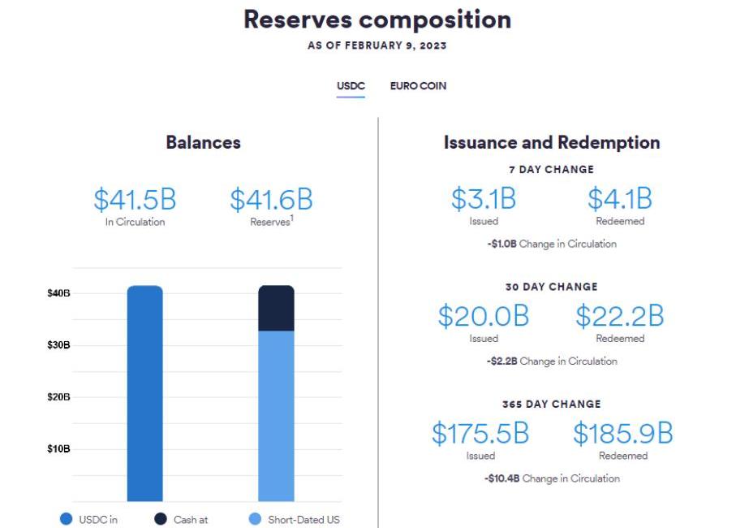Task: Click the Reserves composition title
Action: coord(377,19)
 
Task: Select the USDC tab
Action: coord(351,86)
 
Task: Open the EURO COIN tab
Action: coord(418,86)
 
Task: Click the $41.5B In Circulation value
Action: coord(135,200)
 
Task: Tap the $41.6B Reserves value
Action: coord(271,200)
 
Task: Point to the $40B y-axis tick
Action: coord(58,293)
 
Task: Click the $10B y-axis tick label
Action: coord(58,449)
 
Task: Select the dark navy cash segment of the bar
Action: coord(276,309)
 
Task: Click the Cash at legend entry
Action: coord(183,520)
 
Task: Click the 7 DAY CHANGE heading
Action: coord(552,170)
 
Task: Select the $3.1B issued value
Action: coord(484,199)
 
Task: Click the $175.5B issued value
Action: coord(480,434)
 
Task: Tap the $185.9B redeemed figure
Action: coord(623,434)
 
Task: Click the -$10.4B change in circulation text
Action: coord(552,478)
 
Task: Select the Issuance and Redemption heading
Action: coord(552,143)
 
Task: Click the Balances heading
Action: coord(204,143)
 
